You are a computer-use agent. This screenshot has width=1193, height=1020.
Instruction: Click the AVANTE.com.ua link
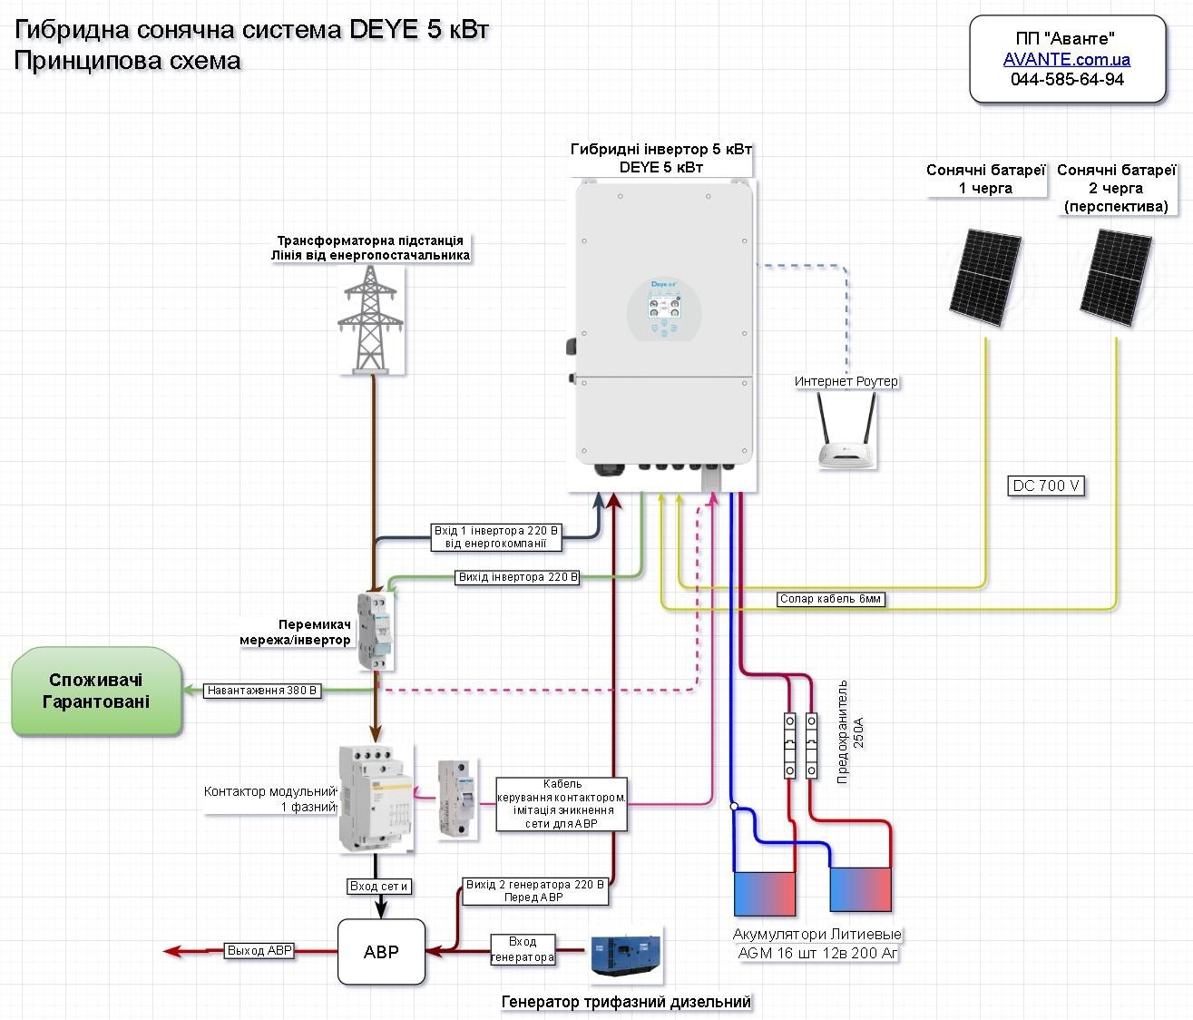coord(1067,60)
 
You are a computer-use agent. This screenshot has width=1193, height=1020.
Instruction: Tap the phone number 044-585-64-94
coord(1067,80)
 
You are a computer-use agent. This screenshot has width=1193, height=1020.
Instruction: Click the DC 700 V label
coord(1046,486)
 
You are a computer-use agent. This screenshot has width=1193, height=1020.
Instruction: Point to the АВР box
coord(381,952)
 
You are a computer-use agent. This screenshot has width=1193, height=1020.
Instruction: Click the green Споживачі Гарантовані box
coord(96,691)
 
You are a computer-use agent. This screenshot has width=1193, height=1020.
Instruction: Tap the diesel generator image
coord(626,955)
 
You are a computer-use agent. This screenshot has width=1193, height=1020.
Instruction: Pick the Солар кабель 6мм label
coord(830,599)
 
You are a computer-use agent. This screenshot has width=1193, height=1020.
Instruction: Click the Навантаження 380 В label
coord(263,691)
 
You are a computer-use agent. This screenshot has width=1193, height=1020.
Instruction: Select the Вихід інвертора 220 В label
coord(518,577)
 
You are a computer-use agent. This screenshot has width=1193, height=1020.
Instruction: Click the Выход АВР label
coord(259,951)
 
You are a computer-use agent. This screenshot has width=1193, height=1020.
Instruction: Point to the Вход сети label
coord(379,886)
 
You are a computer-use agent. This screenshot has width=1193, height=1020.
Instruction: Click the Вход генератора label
coord(523,949)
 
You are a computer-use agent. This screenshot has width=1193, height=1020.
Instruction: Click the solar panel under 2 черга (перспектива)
coord(1116,277)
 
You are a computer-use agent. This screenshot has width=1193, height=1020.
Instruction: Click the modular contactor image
coord(375,799)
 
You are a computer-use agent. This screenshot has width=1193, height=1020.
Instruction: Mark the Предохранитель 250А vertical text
coord(849,731)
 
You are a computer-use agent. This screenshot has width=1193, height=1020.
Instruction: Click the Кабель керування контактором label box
coord(562,804)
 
